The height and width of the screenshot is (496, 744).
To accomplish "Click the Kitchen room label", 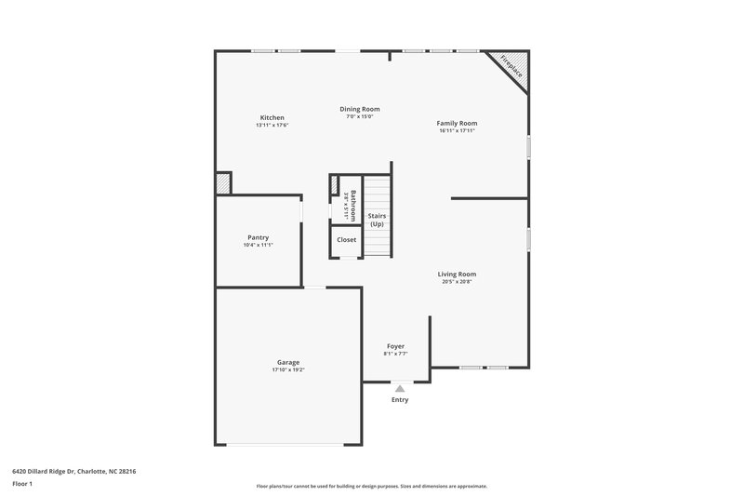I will [x=272, y=117].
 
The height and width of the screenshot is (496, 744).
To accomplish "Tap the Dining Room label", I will [x=359, y=109].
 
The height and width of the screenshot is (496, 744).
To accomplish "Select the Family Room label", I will [x=457, y=123].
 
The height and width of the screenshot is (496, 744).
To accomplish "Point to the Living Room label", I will [x=457, y=274].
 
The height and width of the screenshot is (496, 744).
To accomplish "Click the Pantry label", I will [x=258, y=237].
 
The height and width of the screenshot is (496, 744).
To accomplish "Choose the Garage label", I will [x=287, y=362].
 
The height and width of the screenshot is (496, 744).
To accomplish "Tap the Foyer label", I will [x=395, y=345].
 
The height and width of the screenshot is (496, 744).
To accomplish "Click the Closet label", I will [x=346, y=239].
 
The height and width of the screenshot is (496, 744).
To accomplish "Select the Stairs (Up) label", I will [x=377, y=220].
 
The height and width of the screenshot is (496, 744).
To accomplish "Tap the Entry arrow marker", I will [x=399, y=388].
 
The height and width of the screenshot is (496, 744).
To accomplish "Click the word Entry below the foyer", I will [x=399, y=400].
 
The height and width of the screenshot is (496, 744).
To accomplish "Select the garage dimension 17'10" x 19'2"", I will [x=287, y=370].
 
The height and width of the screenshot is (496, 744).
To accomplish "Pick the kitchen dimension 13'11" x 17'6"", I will [x=272, y=126].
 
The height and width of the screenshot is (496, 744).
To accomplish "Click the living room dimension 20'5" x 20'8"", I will [x=457, y=282].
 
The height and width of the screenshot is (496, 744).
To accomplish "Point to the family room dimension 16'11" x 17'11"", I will [x=457, y=131].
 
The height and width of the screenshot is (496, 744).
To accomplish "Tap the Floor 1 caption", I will [x=21, y=485].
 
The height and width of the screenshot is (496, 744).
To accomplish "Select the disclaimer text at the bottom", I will [x=371, y=486].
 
